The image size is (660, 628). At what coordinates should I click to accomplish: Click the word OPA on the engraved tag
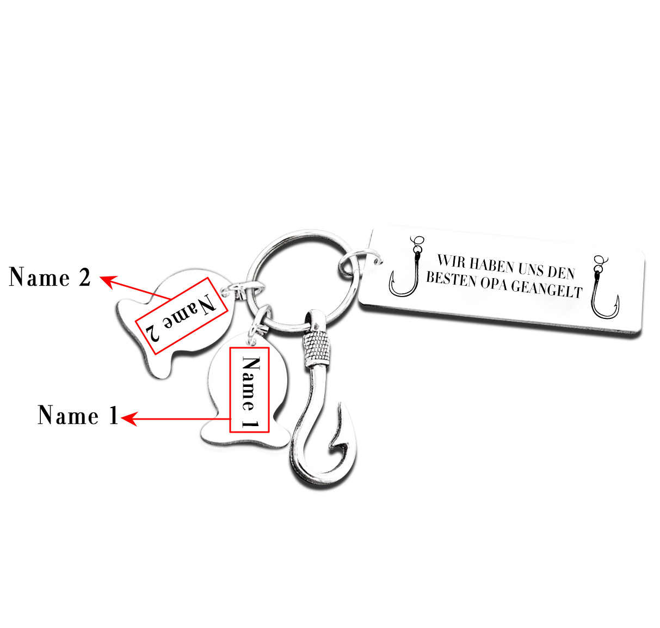click(x=494, y=284)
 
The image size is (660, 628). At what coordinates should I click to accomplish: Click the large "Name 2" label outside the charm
click(x=50, y=278)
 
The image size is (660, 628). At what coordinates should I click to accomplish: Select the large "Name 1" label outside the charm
click(x=78, y=415)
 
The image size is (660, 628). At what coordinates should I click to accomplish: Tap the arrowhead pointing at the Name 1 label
click(x=128, y=419)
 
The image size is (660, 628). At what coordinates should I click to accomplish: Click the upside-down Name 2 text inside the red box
click(x=181, y=316)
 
